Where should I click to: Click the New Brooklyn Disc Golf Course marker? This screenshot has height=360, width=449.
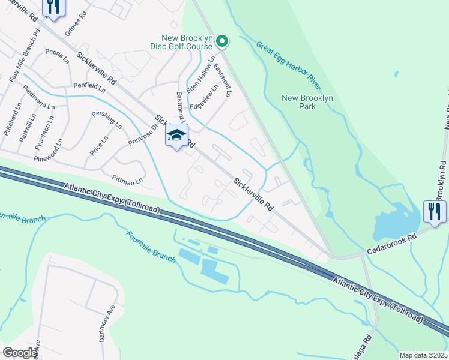(222, 41)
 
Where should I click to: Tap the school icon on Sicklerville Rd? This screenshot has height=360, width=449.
(176, 136)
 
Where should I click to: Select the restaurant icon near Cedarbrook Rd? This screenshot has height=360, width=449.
(435, 212)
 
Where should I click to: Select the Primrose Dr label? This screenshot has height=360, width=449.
(142, 135)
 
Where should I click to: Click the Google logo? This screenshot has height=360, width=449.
(20, 353)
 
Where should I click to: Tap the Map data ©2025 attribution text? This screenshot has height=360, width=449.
(423, 355)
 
